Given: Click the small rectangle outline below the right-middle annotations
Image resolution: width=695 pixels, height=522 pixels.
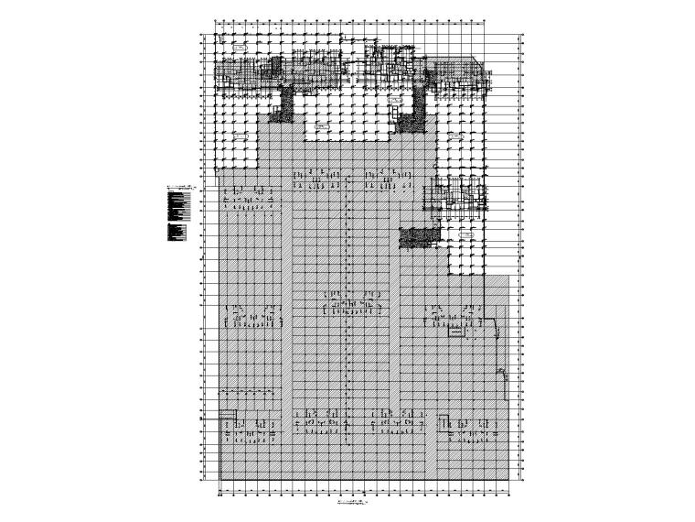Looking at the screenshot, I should coord(454,335).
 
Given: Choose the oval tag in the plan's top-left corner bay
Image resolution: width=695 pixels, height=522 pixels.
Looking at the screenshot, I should coord(239,45).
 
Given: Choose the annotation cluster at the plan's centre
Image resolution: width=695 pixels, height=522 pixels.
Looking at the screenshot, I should coord(347,302).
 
